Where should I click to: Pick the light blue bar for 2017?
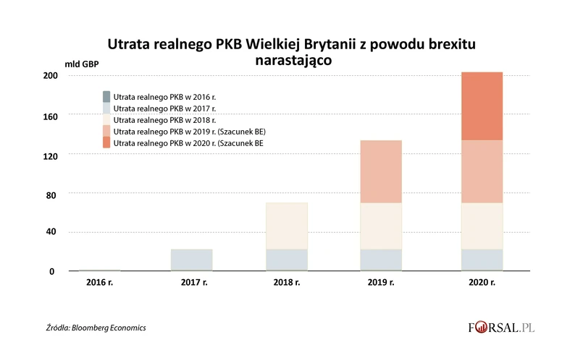[x=192, y=260]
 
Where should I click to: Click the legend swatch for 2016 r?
[x=106, y=96]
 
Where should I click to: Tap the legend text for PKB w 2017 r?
[x=160, y=108]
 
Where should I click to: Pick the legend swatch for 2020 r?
[x=106, y=143]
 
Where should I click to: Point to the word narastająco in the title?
[x=293, y=61]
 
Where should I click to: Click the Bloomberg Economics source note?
[x=96, y=328]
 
